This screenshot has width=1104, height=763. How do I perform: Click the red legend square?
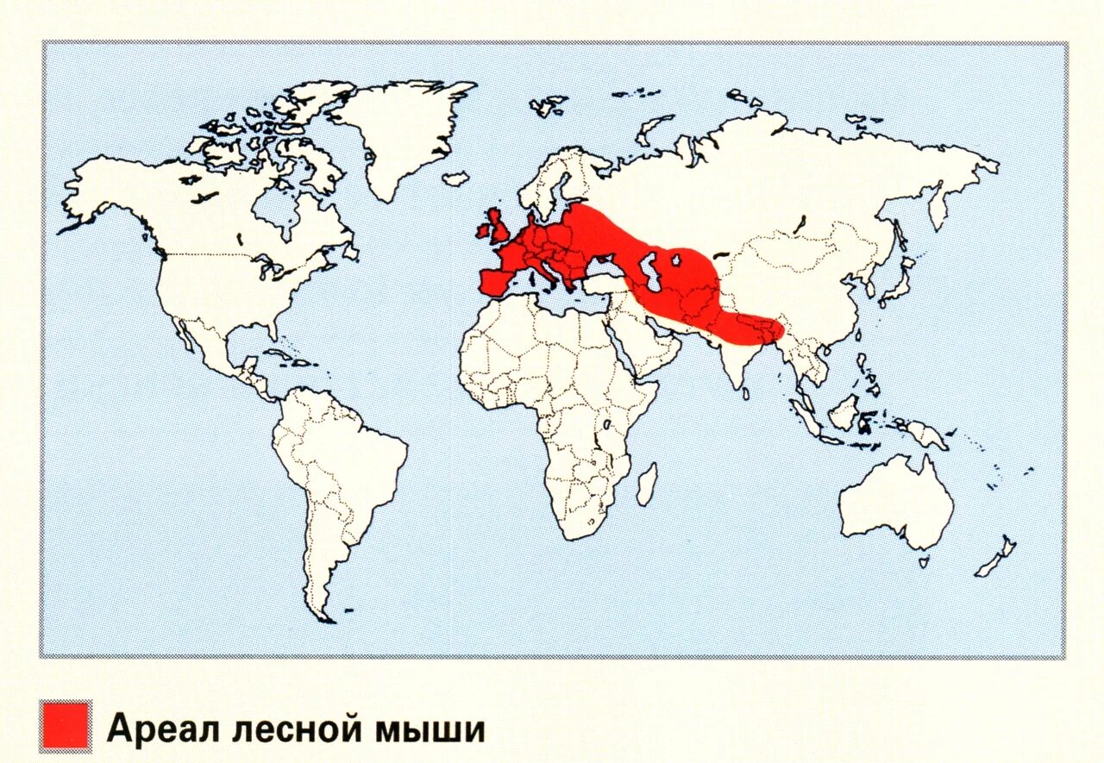tap(65, 726)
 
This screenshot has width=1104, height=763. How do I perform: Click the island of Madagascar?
tap(646, 485)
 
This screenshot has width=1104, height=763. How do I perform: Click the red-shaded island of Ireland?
tap(481, 231)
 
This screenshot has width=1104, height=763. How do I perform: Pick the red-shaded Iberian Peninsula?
tap(496, 281)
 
